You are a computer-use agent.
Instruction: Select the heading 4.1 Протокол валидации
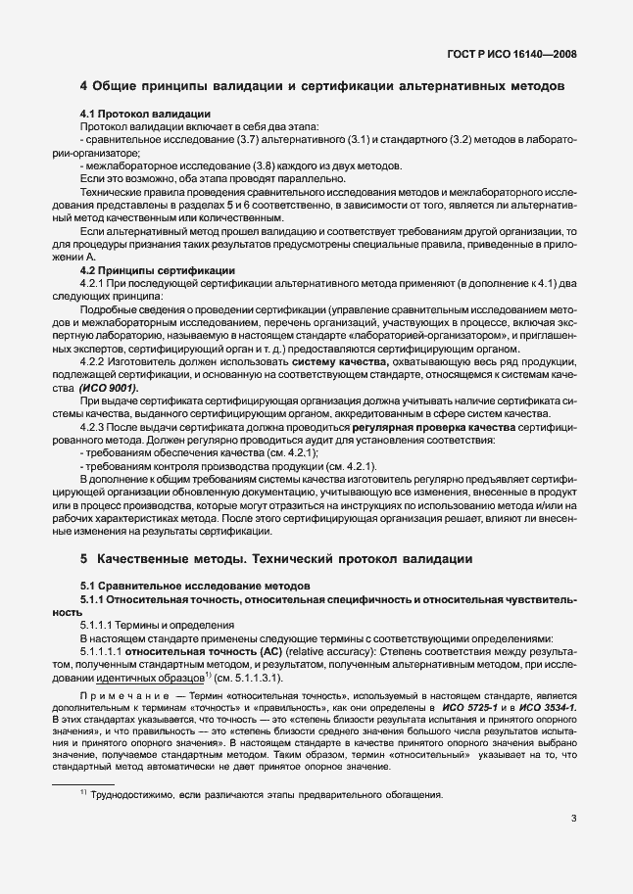click(143, 115)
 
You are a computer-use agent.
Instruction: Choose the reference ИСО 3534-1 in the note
click(547, 706)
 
